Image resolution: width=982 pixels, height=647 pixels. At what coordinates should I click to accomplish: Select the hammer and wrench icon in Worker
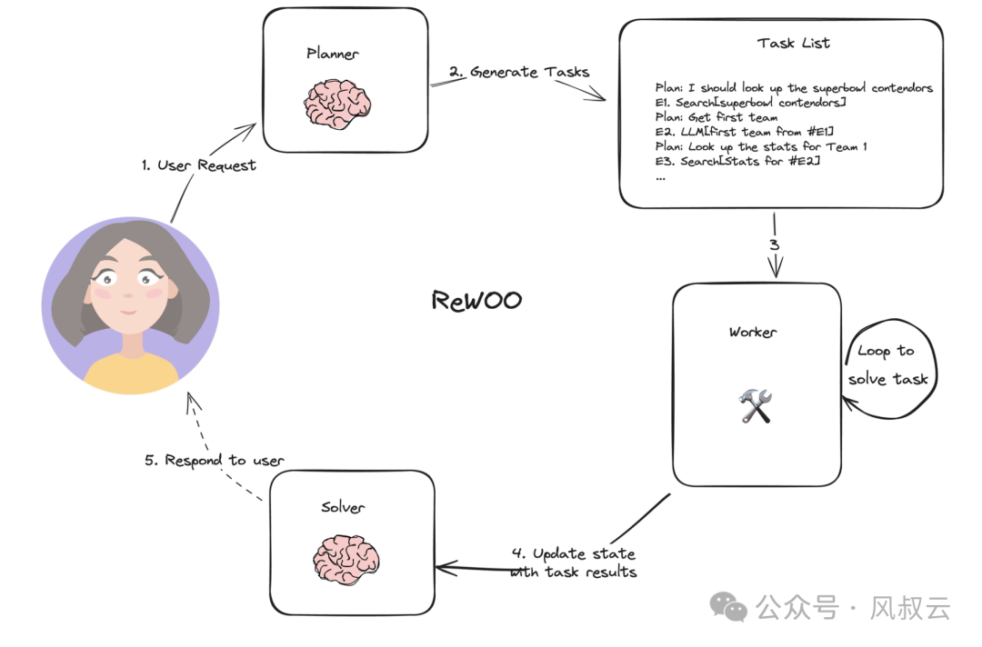pyautogui.click(x=755, y=405)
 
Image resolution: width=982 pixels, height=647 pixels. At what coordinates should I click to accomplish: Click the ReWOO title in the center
pyautogui.click(x=476, y=301)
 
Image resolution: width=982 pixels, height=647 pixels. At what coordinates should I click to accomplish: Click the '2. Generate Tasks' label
pyautogui.click(x=519, y=72)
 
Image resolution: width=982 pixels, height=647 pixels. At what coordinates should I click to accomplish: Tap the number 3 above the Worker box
pyautogui.click(x=775, y=244)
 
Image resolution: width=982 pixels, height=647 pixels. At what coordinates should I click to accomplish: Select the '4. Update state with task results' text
pyautogui.click(x=573, y=562)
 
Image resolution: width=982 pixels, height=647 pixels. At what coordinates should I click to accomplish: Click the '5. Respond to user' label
pyautogui.click(x=214, y=460)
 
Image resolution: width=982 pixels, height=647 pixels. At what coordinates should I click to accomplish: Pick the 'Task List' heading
pyautogui.click(x=793, y=43)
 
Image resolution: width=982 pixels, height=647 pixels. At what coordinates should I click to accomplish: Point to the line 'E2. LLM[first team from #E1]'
pyautogui.click(x=744, y=132)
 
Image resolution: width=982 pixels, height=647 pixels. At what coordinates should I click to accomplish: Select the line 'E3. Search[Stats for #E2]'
pyautogui.click(x=737, y=161)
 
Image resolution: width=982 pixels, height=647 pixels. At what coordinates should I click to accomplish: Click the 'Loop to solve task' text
pyautogui.click(x=887, y=364)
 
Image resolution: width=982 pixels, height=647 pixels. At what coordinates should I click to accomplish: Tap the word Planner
pyautogui.click(x=333, y=54)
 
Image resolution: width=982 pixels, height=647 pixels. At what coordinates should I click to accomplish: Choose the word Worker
pyautogui.click(x=753, y=333)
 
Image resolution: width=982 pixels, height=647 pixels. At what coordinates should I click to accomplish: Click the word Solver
pyautogui.click(x=343, y=507)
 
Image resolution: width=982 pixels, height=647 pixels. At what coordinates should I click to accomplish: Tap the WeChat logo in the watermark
pyautogui.click(x=730, y=606)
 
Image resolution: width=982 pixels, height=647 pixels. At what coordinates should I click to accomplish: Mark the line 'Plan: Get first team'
pyautogui.click(x=716, y=117)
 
